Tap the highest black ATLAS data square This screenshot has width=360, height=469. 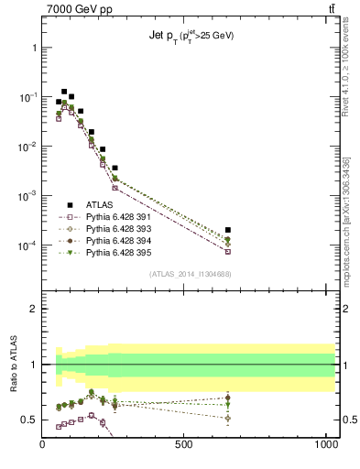(x=64, y=92)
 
